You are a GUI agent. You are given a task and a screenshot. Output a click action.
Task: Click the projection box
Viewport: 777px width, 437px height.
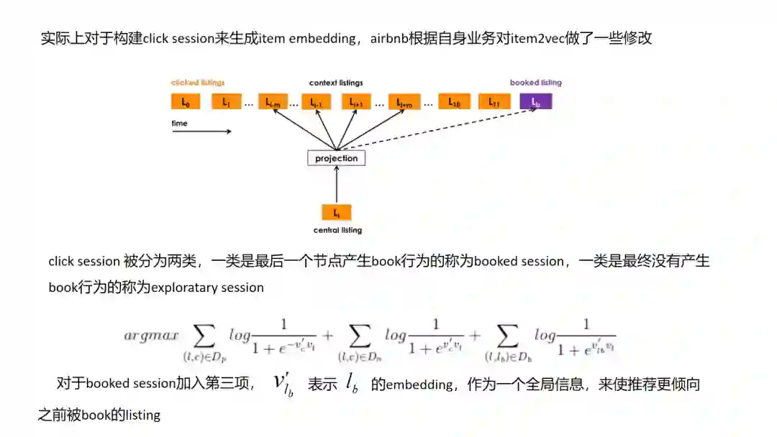(336, 158)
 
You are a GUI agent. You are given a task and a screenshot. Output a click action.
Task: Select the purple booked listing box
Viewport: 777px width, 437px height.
(535, 102)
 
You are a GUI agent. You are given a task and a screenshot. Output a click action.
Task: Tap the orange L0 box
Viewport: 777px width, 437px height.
(185, 102)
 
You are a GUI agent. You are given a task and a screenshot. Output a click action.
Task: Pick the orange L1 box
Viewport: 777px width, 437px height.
(226, 102)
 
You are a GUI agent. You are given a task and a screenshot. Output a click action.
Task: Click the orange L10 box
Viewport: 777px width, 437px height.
(454, 102)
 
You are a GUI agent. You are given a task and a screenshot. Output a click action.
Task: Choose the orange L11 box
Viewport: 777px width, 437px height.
(494, 102)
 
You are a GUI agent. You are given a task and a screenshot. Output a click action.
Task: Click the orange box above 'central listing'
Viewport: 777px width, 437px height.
(336, 212)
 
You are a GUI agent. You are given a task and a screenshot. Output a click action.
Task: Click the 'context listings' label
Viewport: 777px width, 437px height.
(336, 83)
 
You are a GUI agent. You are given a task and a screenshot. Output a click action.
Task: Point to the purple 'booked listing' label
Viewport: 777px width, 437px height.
(535, 83)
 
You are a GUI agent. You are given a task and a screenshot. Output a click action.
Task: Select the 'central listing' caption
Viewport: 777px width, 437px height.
(337, 231)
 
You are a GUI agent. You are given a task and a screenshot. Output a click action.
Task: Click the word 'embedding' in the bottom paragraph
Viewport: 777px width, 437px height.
(419, 384)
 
